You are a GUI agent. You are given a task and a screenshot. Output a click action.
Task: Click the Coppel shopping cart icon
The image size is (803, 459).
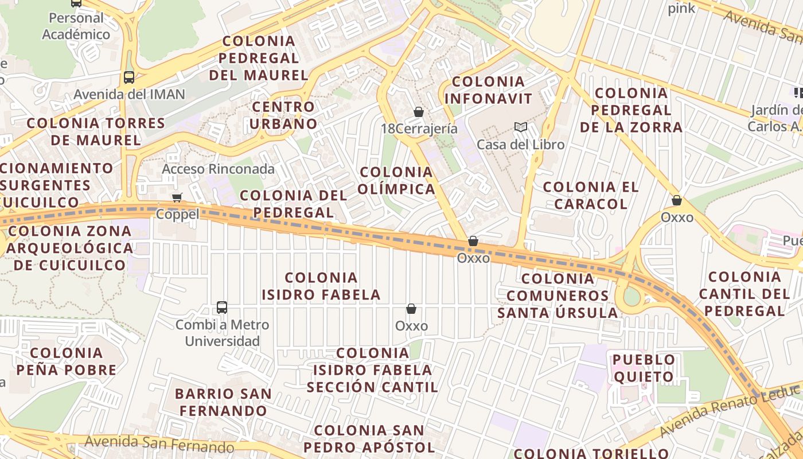(x=177, y=198)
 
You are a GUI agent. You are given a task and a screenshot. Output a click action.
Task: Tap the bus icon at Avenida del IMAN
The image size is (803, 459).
(x=129, y=77)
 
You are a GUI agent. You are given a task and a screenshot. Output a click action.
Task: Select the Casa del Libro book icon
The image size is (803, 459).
(x=520, y=127)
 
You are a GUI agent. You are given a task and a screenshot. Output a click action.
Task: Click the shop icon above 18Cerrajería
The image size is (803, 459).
(x=419, y=112)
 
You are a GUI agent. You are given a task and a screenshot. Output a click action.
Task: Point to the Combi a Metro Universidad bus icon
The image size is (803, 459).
(x=222, y=308)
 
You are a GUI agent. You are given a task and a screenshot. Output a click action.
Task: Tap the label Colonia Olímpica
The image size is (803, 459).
(x=396, y=181)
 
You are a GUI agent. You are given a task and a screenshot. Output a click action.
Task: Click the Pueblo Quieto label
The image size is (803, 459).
(x=644, y=368)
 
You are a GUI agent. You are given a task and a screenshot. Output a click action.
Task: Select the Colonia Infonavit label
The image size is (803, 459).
(x=488, y=90)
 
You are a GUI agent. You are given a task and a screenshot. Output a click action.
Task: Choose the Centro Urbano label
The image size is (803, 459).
(x=283, y=115)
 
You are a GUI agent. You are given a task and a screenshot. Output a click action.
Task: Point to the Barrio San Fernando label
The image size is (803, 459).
(x=223, y=403)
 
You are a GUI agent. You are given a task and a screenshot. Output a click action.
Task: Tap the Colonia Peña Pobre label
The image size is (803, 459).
(x=67, y=361)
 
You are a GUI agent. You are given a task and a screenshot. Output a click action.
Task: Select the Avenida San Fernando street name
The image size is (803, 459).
(x=159, y=444)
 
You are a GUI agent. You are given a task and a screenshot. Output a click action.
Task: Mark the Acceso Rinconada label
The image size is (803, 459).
(x=218, y=169)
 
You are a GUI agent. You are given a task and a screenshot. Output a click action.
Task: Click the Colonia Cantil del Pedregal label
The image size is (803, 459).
(x=744, y=294)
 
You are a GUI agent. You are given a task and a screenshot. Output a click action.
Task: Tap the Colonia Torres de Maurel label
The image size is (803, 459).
(x=96, y=131)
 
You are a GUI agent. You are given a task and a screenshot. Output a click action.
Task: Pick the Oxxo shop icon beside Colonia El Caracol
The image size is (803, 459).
(x=677, y=200)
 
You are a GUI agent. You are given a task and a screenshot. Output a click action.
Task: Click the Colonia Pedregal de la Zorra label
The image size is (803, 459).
(x=631, y=110)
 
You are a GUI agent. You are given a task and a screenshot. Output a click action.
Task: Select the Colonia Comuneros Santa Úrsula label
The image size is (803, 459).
(x=558, y=295)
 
